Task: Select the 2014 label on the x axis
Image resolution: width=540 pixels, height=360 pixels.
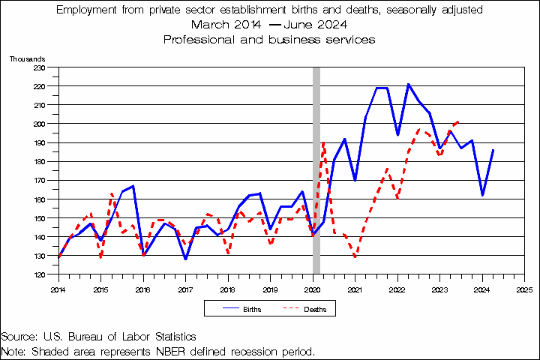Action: coord(58,288)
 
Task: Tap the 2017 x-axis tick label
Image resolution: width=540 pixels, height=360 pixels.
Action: coord(185,288)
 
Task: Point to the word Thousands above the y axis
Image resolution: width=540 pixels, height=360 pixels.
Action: coord(26,58)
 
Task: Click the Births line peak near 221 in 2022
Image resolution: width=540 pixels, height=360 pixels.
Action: coord(408,84)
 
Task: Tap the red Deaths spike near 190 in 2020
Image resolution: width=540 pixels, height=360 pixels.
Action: coord(323,142)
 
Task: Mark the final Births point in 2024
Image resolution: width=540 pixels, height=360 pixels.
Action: coord(493,150)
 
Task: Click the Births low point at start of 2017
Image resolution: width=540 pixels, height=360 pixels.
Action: coord(185,259)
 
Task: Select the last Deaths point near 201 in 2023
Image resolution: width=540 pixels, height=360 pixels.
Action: coord(459,121)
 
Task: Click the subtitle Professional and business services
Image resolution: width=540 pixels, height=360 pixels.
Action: coord(269,39)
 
